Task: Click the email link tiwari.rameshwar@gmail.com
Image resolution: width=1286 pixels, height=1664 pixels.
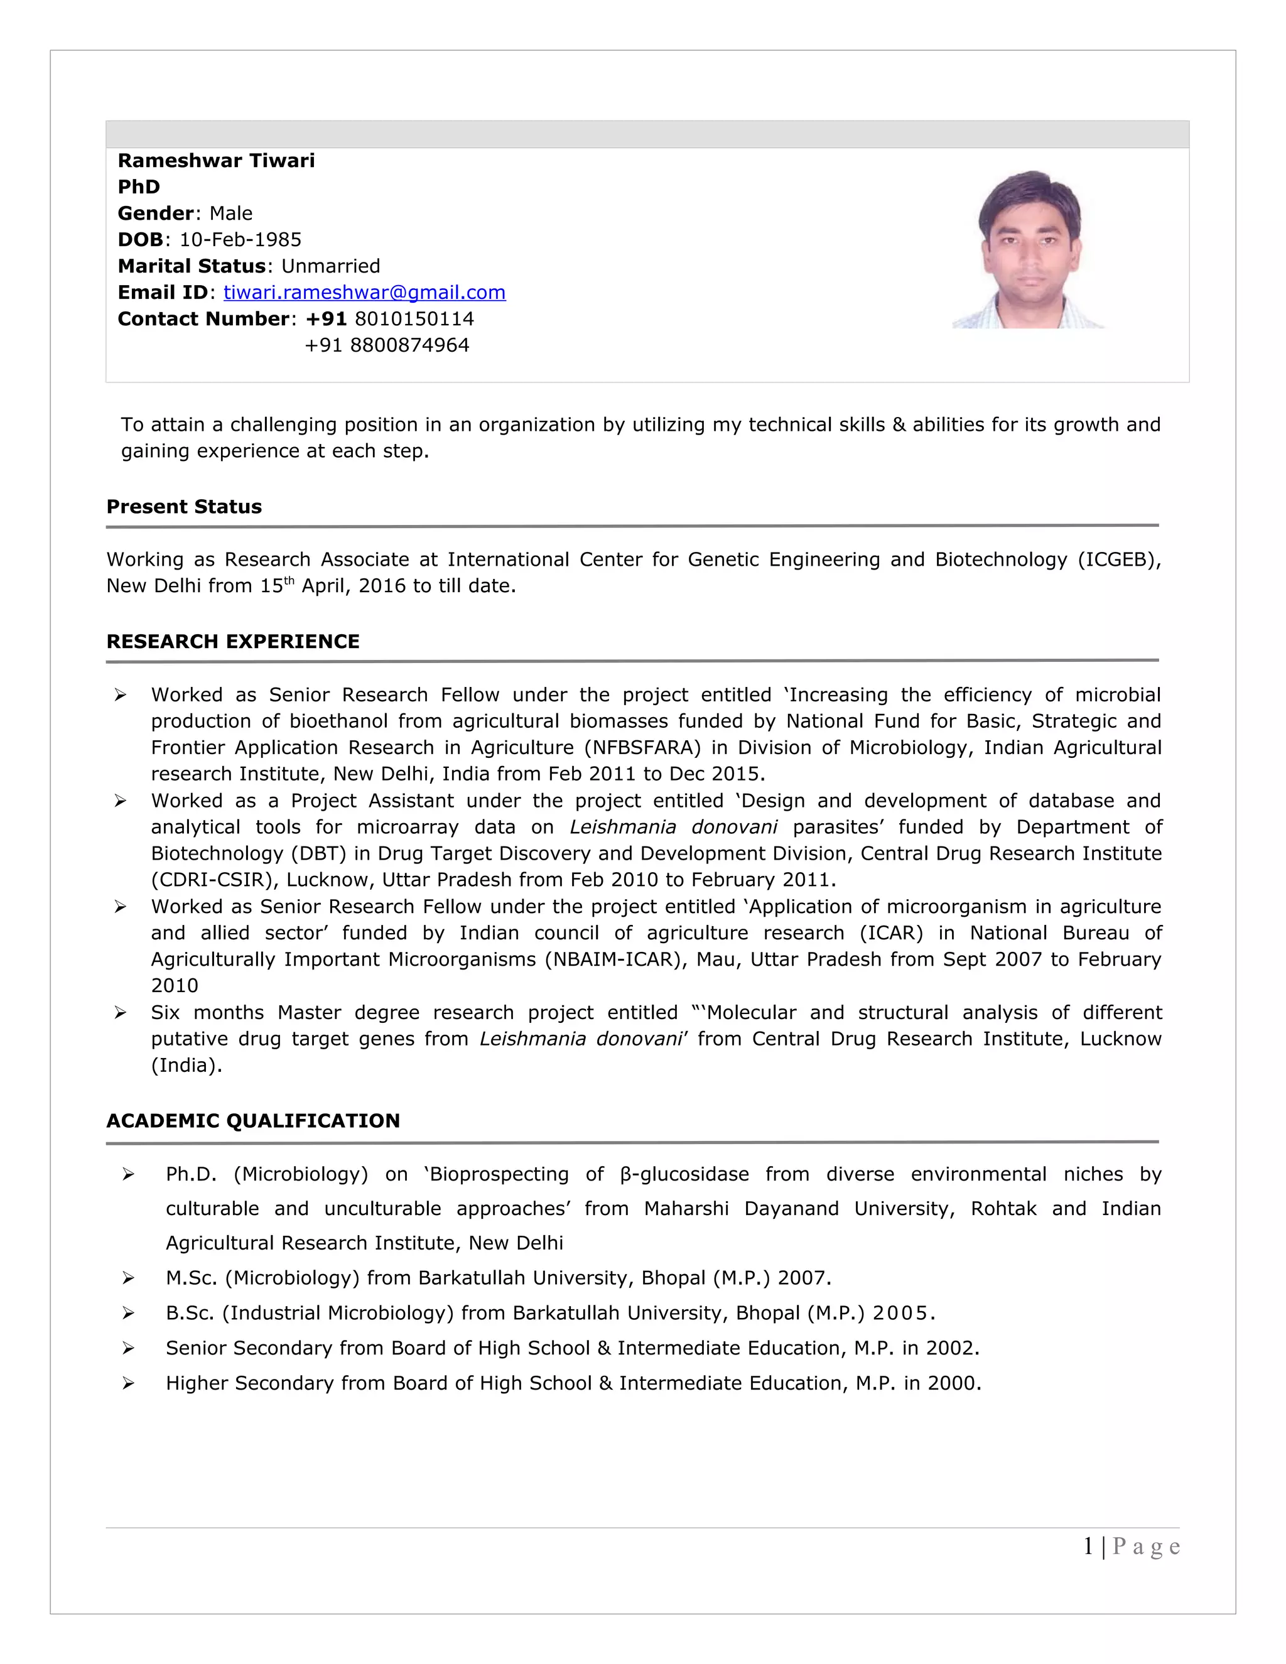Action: [x=364, y=293]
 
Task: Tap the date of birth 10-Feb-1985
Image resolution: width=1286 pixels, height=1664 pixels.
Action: [x=240, y=240]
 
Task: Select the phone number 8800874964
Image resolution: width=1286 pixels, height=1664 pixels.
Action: [x=409, y=345]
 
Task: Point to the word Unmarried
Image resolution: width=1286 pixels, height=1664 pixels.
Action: [x=331, y=266]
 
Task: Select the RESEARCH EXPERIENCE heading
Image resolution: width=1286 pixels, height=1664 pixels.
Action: [x=232, y=642]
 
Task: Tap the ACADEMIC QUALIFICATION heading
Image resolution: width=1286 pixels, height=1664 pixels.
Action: [x=253, y=1121]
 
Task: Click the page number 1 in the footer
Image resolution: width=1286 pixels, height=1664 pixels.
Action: [x=1089, y=1547]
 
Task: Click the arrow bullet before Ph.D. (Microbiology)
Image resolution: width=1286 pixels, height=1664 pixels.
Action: [x=128, y=1175]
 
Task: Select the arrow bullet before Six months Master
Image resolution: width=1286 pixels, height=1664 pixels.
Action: [x=121, y=1013]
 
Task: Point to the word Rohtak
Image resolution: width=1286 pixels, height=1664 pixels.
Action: [x=1003, y=1209]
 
